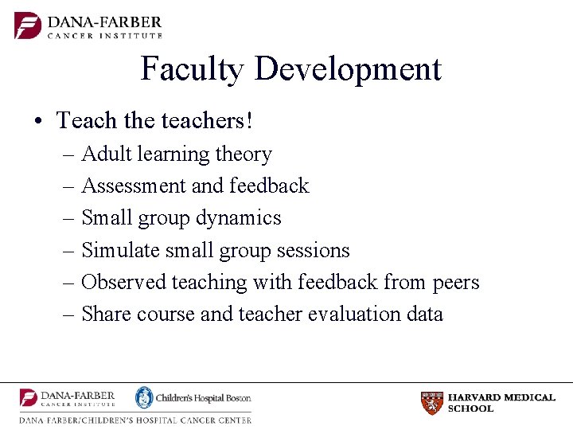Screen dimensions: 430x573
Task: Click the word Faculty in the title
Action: (x=192, y=70)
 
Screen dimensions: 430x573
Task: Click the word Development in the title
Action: (x=348, y=70)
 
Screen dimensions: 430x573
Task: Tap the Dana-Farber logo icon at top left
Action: (x=28, y=25)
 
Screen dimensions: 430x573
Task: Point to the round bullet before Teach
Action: (x=38, y=122)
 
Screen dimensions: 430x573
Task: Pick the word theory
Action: (x=245, y=154)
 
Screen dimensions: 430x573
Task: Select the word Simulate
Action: (x=119, y=250)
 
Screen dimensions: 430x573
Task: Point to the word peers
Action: (x=456, y=283)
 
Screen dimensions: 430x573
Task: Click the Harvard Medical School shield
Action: (x=431, y=403)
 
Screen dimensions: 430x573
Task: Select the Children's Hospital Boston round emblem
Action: (x=143, y=397)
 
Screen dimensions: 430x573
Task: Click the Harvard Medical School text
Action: (x=501, y=403)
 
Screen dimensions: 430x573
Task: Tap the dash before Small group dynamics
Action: (x=68, y=218)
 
